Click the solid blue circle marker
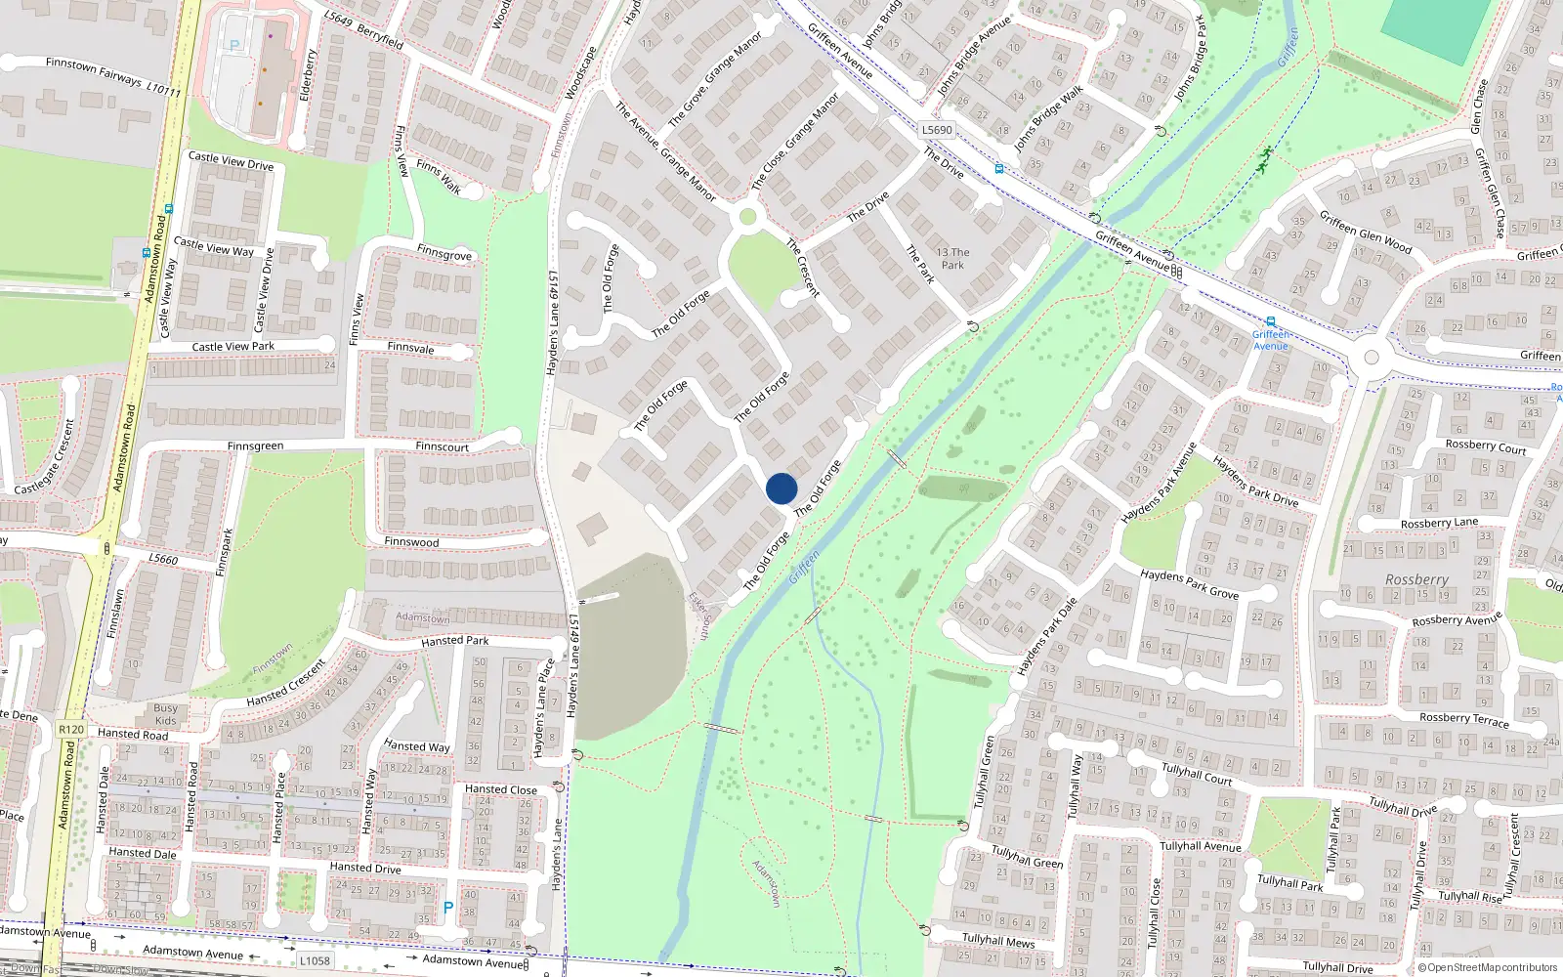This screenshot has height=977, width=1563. (781, 488)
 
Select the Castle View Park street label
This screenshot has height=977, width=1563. (232, 346)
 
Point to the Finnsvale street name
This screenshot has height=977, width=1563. (410, 348)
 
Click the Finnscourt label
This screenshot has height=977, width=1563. (442, 446)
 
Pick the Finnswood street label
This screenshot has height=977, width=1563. (411, 541)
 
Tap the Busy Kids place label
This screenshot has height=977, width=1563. (166, 714)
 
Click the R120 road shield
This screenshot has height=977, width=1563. (71, 729)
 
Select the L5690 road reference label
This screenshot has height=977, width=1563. (936, 129)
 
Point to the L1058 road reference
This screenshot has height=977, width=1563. (315, 960)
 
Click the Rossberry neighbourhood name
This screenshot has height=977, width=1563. (1416, 579)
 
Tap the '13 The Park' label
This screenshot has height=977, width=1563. (952, 258)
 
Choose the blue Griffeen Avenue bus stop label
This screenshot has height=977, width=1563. (1270, 340)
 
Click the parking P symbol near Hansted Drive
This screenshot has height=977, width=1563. (448, 908)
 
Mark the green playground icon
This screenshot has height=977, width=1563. (1263, 160)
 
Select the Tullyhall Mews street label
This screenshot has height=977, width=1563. (997, 940)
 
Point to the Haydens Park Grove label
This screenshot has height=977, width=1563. (1189, 584)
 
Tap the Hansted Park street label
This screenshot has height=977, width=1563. (454, 641)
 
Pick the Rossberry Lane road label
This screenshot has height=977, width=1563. (1439, 523)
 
